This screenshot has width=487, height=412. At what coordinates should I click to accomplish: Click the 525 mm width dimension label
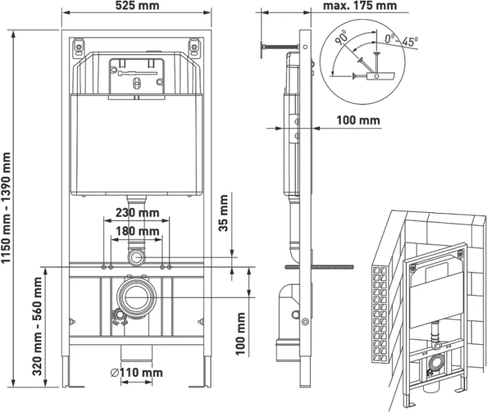coord(137,7)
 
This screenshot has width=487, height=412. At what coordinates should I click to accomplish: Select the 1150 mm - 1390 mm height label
coord(8,206)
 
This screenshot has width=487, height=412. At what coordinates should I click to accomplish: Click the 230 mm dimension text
coord(137,214)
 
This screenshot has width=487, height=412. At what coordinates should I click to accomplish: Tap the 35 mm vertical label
coord(223,214)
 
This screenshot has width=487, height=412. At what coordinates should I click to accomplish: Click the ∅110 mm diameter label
coord(137,373)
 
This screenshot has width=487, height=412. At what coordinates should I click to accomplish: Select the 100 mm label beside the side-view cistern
coord(358,120)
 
